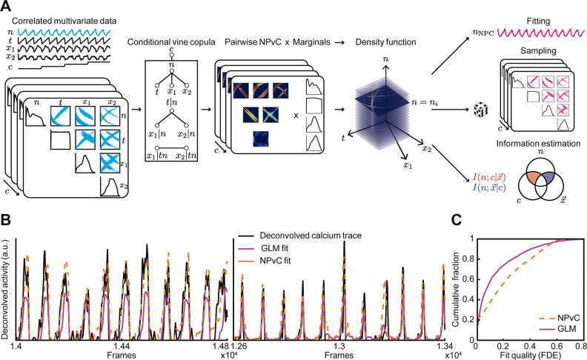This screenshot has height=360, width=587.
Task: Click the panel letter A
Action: tap(7, 7)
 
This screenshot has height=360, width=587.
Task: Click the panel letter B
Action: tap(7, 221)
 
